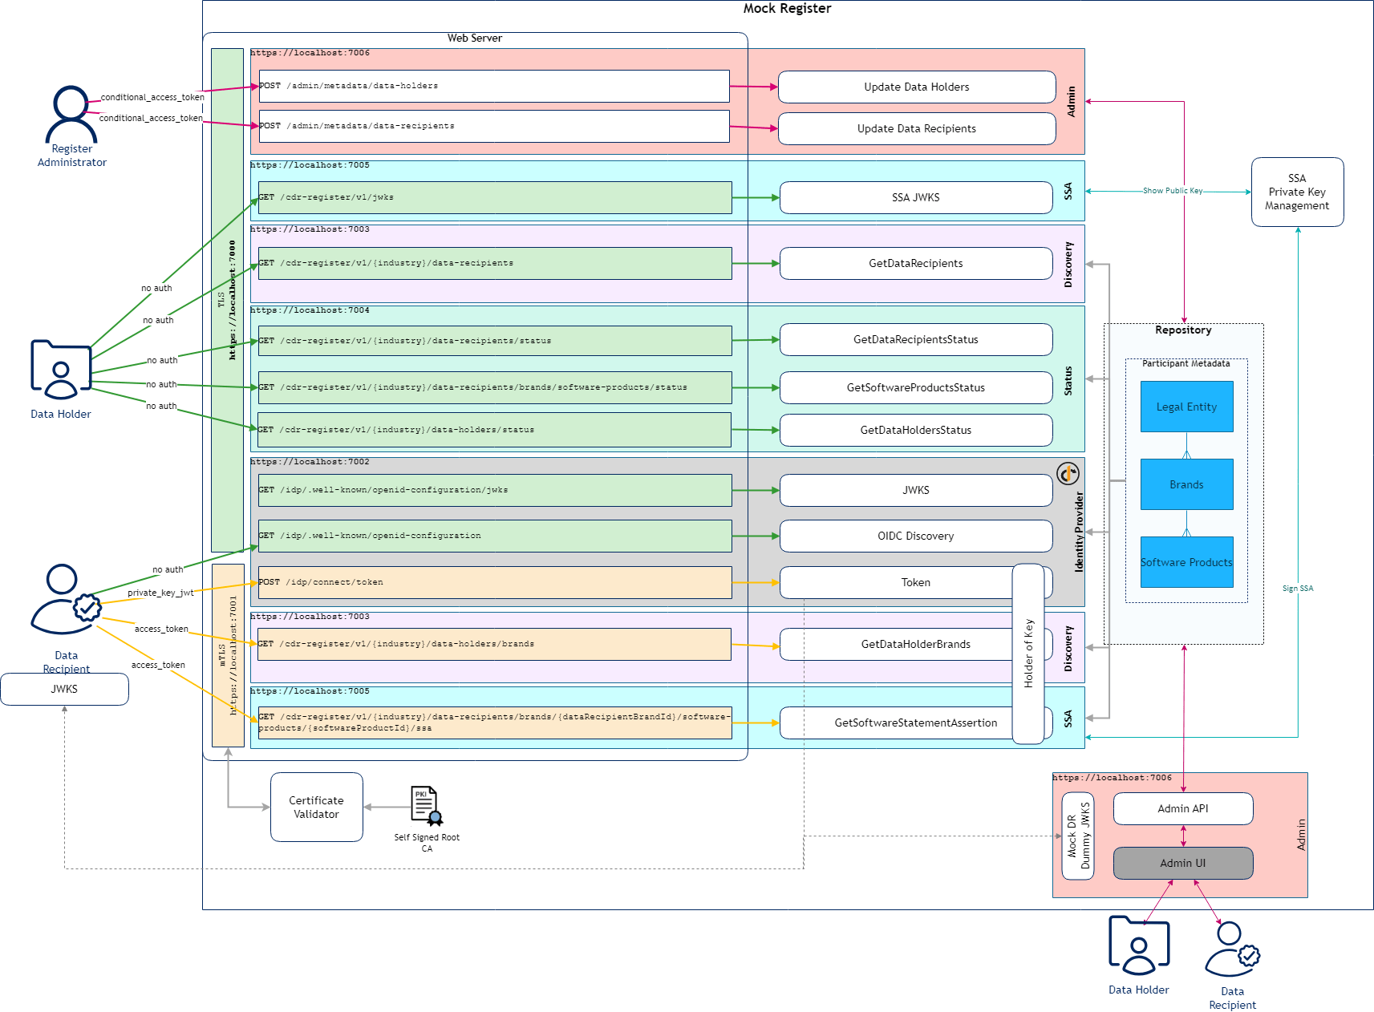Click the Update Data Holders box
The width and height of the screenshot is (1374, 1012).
tap(916, 87)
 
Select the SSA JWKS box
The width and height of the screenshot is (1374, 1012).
tap(915, 197)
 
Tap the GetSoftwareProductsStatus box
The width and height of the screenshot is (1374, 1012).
tap(915, 387)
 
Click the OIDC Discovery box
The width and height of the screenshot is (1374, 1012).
tap(915, 536)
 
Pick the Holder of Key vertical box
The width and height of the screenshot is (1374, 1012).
tap(1028, 654)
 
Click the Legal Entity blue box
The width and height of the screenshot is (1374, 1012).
tap(1186, 407)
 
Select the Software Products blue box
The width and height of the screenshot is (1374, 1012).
tap(1186, 562)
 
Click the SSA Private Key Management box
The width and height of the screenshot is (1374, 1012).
tap(1297, 192)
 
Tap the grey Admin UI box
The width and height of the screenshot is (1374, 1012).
tap(1182, 863)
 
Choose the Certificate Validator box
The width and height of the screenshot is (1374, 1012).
tap(316, 807)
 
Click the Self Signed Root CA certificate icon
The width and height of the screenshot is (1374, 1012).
tap(426, 805)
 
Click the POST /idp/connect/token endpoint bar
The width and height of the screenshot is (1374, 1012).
tap(494, 582)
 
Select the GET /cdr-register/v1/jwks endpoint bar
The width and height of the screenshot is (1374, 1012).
tap(494, 197)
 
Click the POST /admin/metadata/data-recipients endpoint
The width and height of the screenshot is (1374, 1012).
tap(494, 126)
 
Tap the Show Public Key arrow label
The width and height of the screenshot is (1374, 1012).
tap(1172, 191)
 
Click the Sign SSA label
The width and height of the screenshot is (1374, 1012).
tap(1297, 589)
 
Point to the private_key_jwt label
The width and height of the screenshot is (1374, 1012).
tap(160, 593)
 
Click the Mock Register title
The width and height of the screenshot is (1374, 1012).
tap(787, 8)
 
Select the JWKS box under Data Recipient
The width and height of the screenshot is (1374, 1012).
tap(64, 689)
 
